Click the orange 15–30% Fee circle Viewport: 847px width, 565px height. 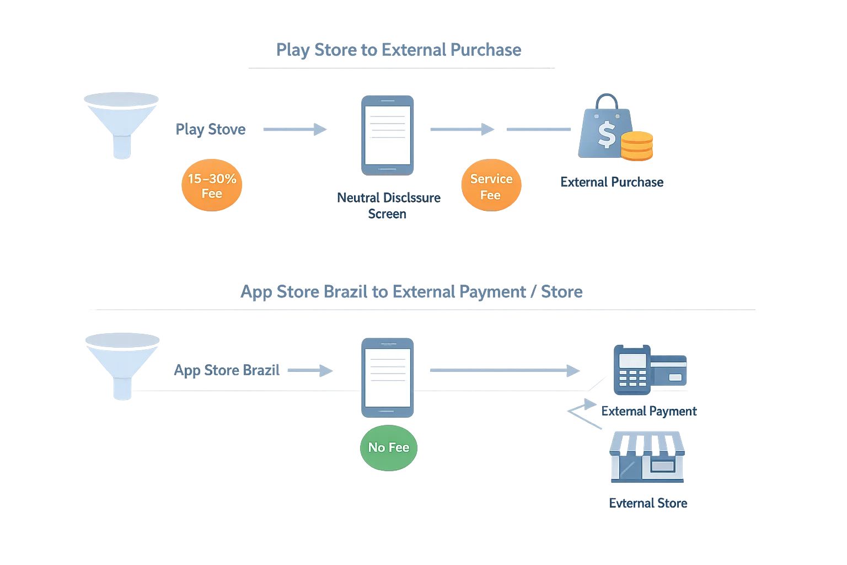(212, 186)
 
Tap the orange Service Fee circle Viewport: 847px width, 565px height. (491, 186)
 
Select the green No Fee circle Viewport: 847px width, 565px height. (388, 447)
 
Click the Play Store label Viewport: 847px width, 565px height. (211, 130)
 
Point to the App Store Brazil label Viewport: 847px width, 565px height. (227, 369)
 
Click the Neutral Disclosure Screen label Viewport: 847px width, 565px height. (388, 205)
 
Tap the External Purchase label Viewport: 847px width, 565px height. (612, 182)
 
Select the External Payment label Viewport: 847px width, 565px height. (648, 411)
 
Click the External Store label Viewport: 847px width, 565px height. (648, 503)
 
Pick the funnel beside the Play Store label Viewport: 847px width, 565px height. (121, 125)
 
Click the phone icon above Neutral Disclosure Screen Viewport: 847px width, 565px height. (387, 134)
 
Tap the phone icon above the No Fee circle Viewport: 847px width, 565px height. (387, 377)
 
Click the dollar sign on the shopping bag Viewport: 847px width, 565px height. (607, 135)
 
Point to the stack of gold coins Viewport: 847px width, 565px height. (637, 146)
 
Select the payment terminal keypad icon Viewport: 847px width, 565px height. (632, 370)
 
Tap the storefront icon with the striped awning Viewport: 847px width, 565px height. (647, 458)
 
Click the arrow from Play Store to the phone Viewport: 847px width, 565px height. (295, 130)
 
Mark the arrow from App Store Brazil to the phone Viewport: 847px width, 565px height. (312, 370)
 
